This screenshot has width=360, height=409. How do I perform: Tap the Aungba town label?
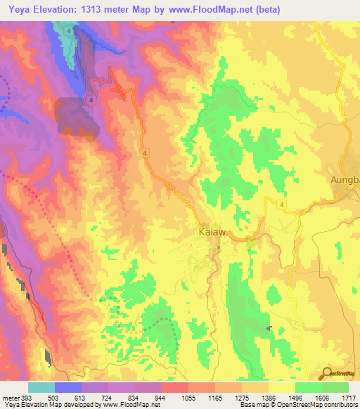(x=345, y=180)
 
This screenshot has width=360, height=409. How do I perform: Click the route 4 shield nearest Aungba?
(x=281, y=204)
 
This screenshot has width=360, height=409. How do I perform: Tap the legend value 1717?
(x=349, y=399)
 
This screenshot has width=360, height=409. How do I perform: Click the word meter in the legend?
(x=11, y=399)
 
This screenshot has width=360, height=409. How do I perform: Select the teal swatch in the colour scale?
(x=41, y=387)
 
